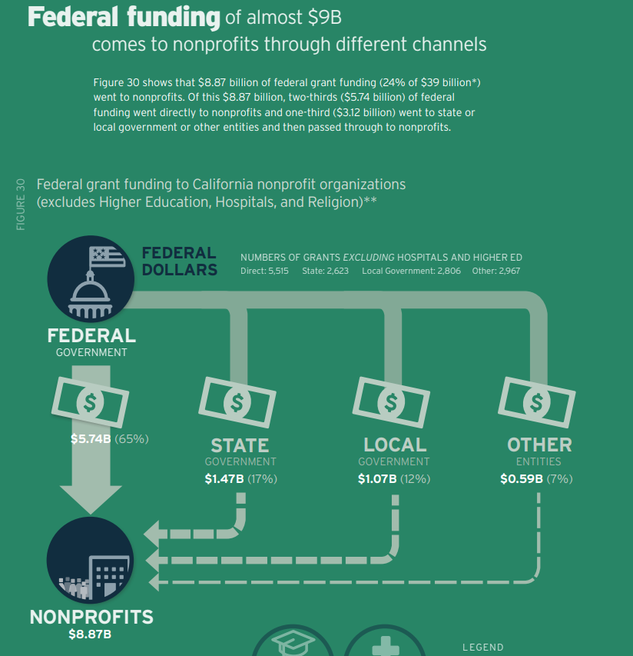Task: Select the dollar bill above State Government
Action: point(237,401)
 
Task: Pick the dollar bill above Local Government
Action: point(391,401)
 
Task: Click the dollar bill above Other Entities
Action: point(536,401)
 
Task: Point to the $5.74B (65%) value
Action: point(108,439)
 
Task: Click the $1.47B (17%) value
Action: point(240,478)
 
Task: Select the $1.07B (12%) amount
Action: point(394,478)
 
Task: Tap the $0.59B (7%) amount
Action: point(536,478)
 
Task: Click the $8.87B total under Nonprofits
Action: point(91,634)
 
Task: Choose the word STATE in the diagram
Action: point(240,445)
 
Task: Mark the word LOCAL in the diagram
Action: point(394,445)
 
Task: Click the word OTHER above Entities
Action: point(539,445)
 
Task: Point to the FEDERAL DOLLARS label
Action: point(179,261)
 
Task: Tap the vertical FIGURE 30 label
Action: point(21,204)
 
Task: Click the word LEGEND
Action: point(482,648)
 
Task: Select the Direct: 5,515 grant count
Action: point(265,271)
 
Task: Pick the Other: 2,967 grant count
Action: point(498,271)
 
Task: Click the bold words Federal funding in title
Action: point(124,17)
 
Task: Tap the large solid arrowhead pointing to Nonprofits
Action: point(91,498)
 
